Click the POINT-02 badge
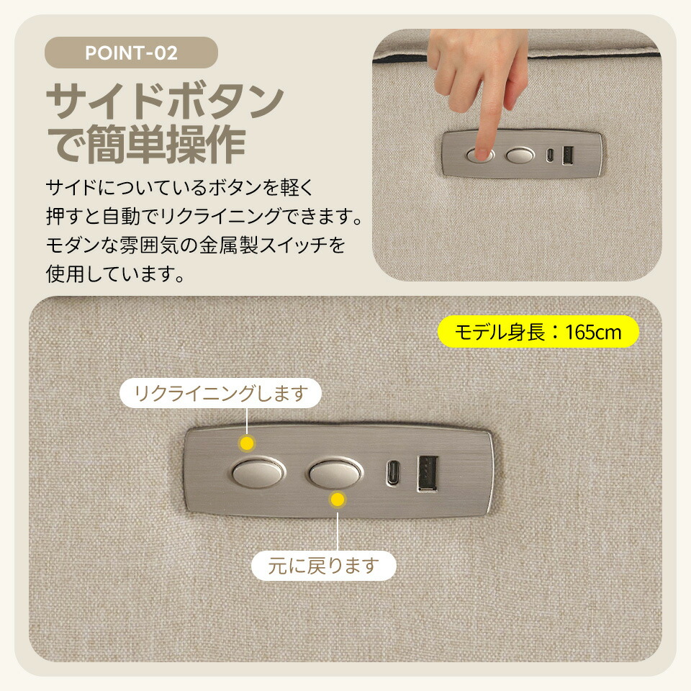click(x=131, y=53)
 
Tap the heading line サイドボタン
click(x=166, y=101)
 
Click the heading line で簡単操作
click(x=146, y=144)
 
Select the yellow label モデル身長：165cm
click(x=538, y=332)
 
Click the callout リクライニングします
click(x=220, y=393)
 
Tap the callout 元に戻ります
click(x=323, y=566)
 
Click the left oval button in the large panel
click(x=258, y=474)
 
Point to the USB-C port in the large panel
click(x=393, y=473)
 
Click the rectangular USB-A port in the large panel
click(x=428, y=474)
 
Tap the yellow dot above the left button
click(x=247, y=443)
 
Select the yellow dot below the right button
click(x=338, y=500)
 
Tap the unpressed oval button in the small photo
click(x=520, y=155)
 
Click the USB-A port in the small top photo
click(x=568, y=155)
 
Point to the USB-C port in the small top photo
click(x=550, y=155)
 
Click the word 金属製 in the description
click(x=229, y=245)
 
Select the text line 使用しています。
click(x=115, y=274)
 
